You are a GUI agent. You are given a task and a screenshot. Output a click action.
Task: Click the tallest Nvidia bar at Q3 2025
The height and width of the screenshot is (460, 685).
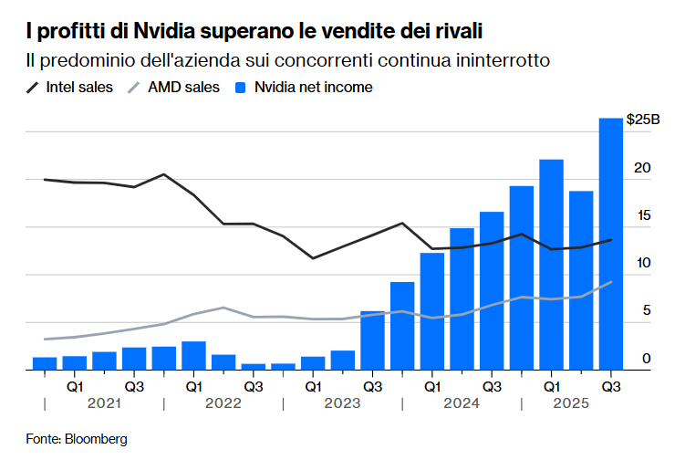tap(610, 244)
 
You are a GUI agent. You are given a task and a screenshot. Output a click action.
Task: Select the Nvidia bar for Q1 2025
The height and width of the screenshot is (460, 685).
tap(551, 265)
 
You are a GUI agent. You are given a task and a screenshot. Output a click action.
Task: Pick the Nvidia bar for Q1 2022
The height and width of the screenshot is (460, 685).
tap(193, 355)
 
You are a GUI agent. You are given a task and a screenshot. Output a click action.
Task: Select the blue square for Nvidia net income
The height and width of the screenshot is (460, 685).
tap(242, 88)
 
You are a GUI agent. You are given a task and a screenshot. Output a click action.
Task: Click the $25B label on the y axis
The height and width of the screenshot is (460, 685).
tap(643, 120)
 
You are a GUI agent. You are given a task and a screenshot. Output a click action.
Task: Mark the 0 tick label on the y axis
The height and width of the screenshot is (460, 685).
tap(647, 359)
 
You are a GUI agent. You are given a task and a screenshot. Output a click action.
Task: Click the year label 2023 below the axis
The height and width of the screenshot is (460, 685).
tap(342, 402)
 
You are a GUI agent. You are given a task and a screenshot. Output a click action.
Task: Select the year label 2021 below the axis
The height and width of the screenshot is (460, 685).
tap(103, 402)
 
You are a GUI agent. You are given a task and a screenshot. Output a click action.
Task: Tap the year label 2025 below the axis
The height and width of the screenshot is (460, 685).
tap(580, 402)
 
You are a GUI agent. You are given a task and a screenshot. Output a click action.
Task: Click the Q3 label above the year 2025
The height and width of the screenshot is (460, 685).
tap(610, 386)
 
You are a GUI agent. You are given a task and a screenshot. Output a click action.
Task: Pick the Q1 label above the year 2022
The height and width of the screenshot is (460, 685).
tap(193, 386)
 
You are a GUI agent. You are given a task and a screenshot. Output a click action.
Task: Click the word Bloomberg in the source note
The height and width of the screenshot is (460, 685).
tap(96, 439)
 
